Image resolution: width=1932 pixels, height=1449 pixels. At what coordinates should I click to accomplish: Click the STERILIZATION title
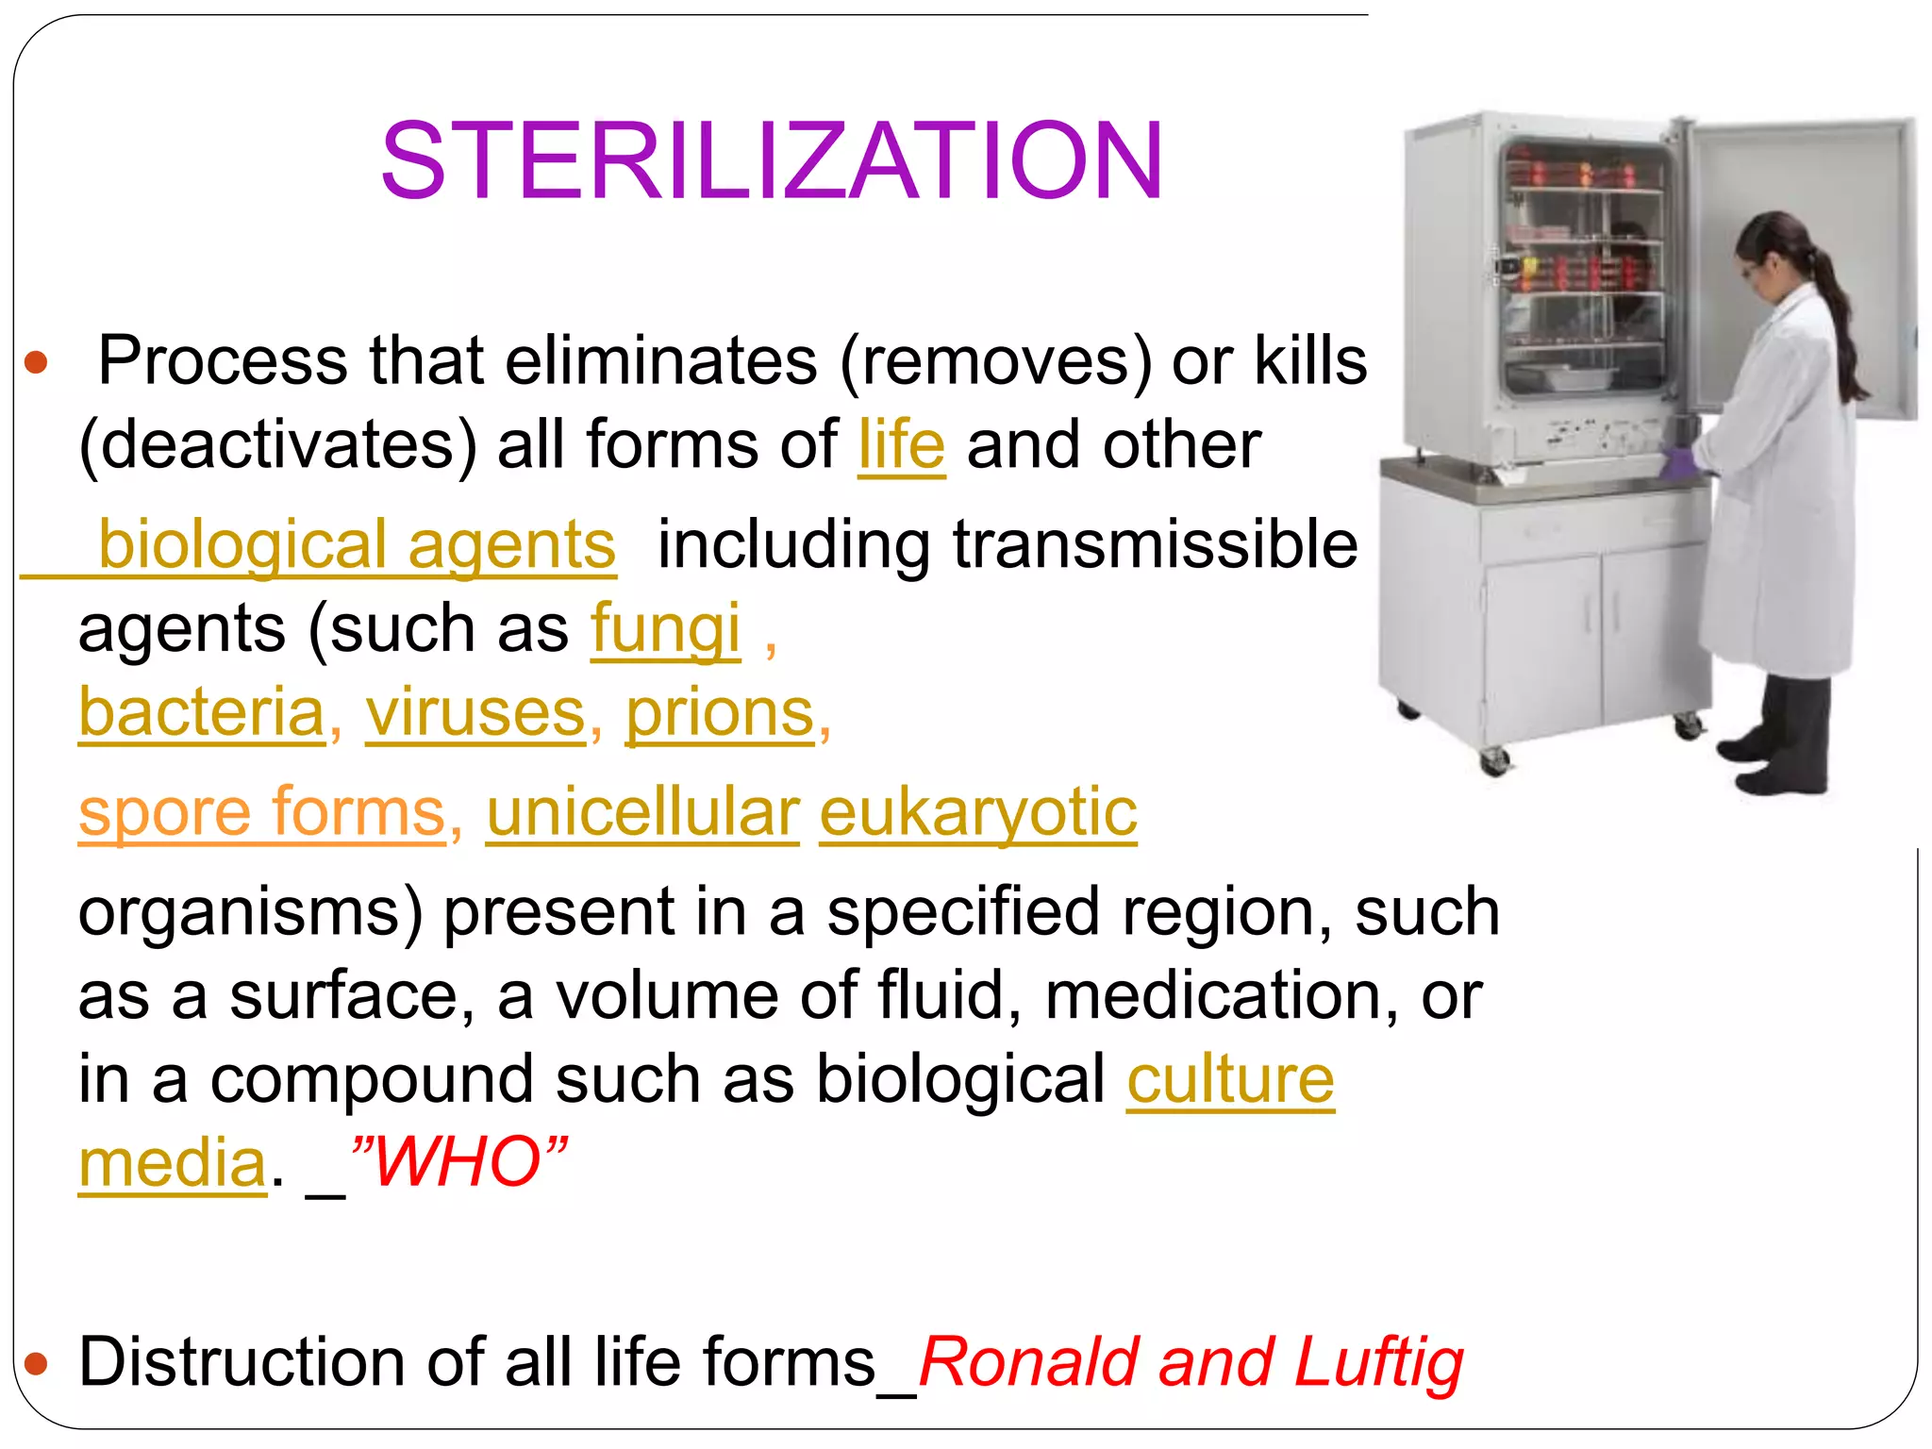(772, 161)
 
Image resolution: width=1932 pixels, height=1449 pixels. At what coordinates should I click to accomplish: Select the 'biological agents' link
(357, 544)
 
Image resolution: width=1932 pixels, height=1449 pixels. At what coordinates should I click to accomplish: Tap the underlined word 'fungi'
(665, 628)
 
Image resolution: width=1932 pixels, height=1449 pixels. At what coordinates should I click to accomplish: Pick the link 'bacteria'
(202, 712)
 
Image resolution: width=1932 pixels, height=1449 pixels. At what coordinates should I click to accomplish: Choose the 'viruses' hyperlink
(476, 712)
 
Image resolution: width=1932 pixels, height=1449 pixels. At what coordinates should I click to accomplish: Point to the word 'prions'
(720, 712)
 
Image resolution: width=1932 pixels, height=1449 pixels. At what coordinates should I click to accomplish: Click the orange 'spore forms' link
(262, 812)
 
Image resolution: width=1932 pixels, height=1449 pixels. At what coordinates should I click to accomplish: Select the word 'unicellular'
(642, 812)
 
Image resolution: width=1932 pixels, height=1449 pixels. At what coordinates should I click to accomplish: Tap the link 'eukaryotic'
(978, 812)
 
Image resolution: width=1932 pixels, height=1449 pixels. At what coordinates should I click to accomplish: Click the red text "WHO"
(458, 1161)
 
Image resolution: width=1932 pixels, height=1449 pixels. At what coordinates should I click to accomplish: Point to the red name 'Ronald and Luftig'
(1191, 1362)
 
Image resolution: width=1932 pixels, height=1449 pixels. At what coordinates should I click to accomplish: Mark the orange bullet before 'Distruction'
(36, 1363)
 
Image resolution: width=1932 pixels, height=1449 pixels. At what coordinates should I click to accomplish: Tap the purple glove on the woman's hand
(1680, 461)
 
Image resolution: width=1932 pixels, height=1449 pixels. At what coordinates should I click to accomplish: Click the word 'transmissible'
(1155, 544)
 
